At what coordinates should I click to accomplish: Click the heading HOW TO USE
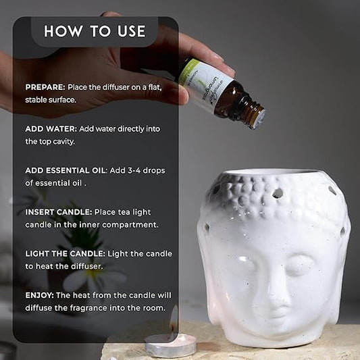tap(95, 31)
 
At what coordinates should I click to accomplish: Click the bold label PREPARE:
tap(45, 87)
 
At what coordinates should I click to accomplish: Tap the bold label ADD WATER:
tap(51, 129)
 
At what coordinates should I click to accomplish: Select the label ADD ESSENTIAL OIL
tap(66, 171)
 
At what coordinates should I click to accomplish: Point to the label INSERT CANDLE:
tap(59, 212)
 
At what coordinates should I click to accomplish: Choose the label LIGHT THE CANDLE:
tap(66, 254)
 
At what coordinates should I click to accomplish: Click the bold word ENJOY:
tap(39, 295)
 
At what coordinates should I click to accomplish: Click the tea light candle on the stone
tap(171, 346)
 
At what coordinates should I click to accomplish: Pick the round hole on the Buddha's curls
tap(278, 193)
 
